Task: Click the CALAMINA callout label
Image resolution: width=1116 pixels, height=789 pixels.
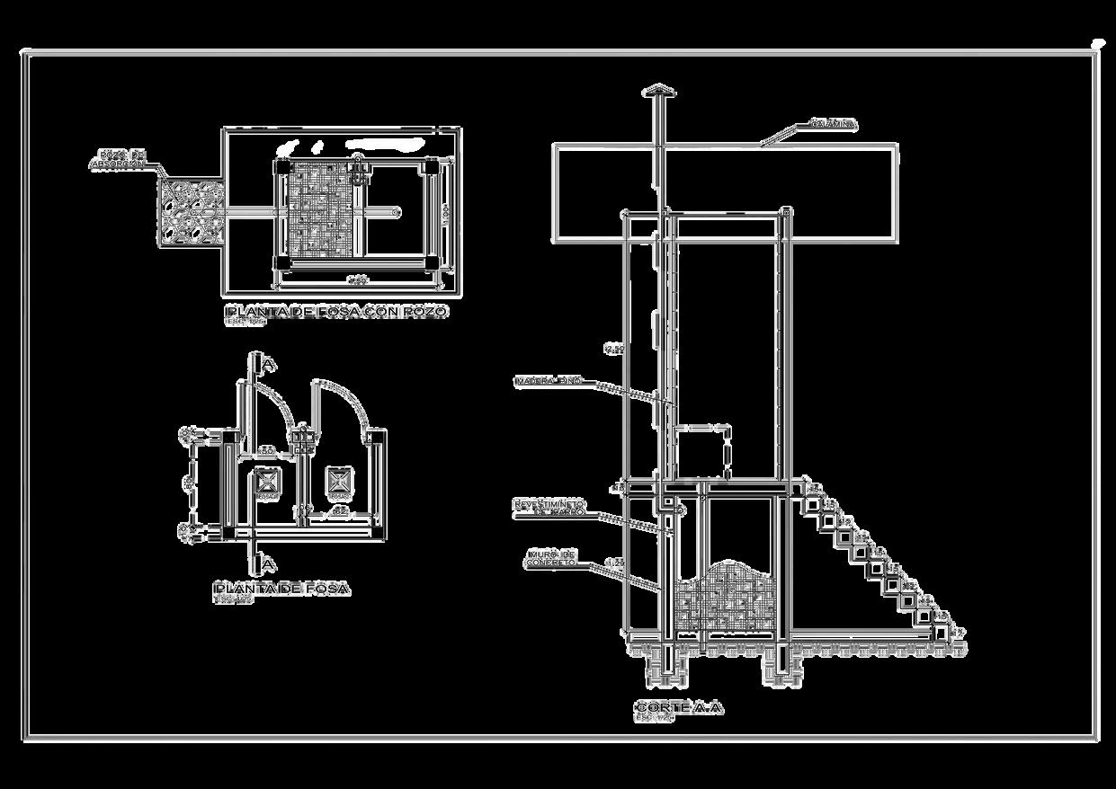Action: pos(832,123)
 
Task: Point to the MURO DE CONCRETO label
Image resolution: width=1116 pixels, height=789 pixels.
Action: pos(550,559)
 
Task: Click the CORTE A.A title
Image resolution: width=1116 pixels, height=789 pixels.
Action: pos(678,708)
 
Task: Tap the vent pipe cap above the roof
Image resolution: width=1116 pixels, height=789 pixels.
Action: pos(659,91)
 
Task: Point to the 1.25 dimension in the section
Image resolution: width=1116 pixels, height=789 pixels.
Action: pos(615,563)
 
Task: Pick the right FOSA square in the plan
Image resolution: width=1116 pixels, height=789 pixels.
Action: pos(338,480)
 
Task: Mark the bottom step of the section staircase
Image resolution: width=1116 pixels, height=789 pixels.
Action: pos(940,633)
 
